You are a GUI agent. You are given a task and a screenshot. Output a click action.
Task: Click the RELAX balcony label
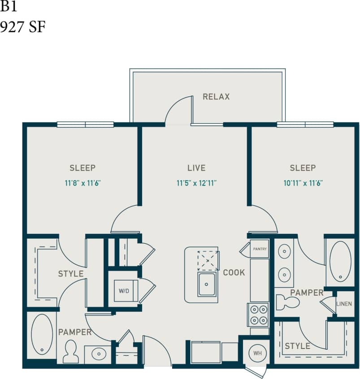pyautogui.click(x=216, y=97)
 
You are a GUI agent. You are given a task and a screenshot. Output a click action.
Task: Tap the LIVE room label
pyautogui.click(x=196, y=168)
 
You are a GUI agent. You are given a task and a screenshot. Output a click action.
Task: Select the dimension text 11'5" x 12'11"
pyautogui.click(x=196, y=182)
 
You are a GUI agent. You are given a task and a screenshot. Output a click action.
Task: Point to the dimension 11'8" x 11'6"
pyautogui.click(x=82, y=182)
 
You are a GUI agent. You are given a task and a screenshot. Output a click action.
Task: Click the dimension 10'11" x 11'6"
pyautogui.click(x=303, y=182)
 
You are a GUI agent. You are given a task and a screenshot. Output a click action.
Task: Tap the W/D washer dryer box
pyautogui.click(x=124, y=291)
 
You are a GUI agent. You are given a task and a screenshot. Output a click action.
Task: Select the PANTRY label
pyautogui.click(x=260, y=249)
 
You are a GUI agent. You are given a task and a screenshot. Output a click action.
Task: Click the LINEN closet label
pyautogui.click(x=344, y=304)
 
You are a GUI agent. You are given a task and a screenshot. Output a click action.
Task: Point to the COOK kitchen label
pyautogui.click(x=234, y=272)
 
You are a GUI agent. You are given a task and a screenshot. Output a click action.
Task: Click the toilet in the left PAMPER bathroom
pyautogui.click(x=70, y=351)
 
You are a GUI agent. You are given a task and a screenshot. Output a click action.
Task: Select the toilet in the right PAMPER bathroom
pyautogui.click(x=287, y=302)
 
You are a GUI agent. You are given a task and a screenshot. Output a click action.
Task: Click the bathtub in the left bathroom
pyautogui.click(x=42, y=334)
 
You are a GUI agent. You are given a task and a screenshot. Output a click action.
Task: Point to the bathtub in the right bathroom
pyautogui.click(x=340, y=262)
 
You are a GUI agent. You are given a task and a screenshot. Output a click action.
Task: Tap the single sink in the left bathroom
pyautogui.click(x=98, y=353)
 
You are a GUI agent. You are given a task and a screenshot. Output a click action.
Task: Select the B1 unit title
pyautogui.click(x=9, y=8)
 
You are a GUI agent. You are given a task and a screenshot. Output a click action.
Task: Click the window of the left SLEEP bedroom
pyautogui.click(x=85, y=125)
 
